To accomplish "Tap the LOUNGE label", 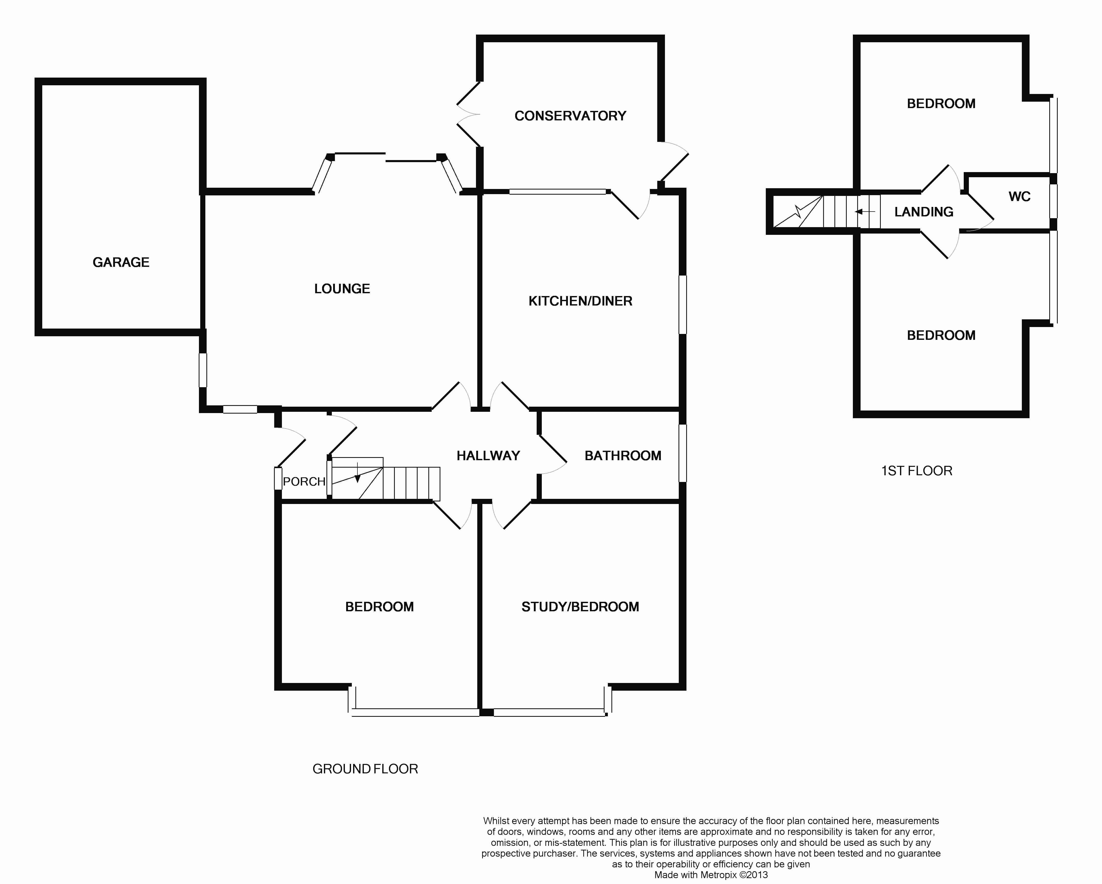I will (x=342, y=289).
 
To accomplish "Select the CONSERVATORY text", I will (x=570, y=116).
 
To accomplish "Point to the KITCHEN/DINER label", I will (x=580, y=301).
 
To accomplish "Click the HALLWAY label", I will (x=488, y=456).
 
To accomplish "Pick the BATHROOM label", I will (x=622, y=456).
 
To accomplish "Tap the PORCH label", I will (x=304, y=482).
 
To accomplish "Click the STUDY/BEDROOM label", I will (x=580, y=607).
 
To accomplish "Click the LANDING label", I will (x=924, y=212).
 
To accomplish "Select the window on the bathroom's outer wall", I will (x=682, y=453).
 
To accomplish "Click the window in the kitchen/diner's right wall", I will (x=682, y=305).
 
